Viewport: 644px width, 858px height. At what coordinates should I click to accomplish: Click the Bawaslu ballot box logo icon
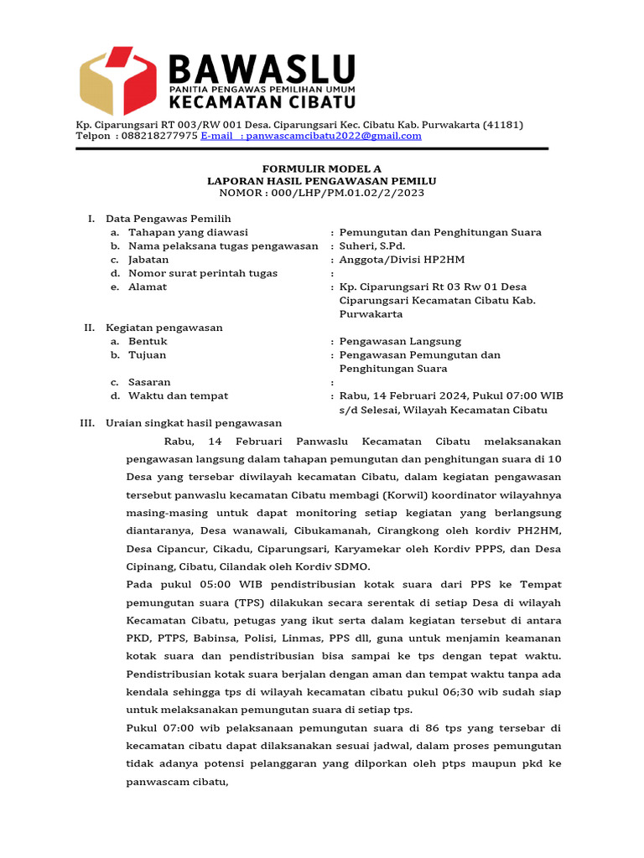pyautogui.click(x=117, y=80)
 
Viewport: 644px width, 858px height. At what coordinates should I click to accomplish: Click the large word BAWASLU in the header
pyautogui.click(x=262, y=69)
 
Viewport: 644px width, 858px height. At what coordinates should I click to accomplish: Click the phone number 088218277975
pyautogui.click(x=159, y=136)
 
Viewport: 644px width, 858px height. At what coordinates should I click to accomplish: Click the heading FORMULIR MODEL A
pyautogui.click(x=321, y=168)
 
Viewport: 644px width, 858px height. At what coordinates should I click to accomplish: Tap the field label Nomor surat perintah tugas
pyautogui.click(x=203, y=273)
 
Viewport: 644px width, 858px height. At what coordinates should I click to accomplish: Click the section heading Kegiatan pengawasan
pyautogui.click(x=164, y=328)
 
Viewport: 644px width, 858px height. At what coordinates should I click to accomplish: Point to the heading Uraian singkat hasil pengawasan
pyautogui.click(x=194, y=423)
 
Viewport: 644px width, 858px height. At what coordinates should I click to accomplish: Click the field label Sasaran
pyautogui.click(x=149, y=382)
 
